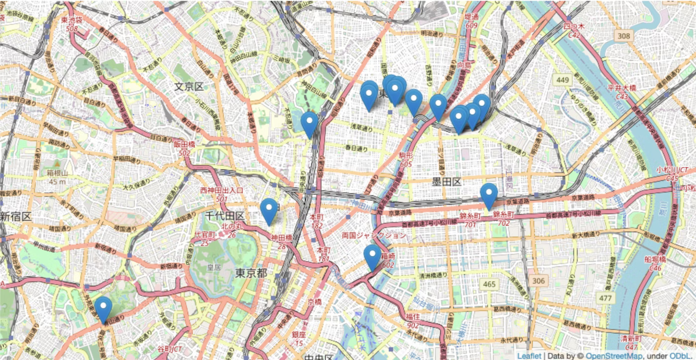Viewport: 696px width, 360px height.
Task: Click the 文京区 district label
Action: pos(189,87)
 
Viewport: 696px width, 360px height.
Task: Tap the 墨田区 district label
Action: pos(446,182)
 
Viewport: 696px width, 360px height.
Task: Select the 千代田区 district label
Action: pos(225,216)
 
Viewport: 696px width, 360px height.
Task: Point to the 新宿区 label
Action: pos(15,217)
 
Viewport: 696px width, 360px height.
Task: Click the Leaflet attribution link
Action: pos(529,356)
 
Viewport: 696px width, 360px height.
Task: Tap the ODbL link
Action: pos(685,356)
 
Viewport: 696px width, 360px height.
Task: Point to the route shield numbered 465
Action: pos(489,284)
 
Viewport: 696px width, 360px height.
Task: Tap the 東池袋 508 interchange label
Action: pos(71,25)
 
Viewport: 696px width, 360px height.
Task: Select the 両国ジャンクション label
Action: pos(374,236)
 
